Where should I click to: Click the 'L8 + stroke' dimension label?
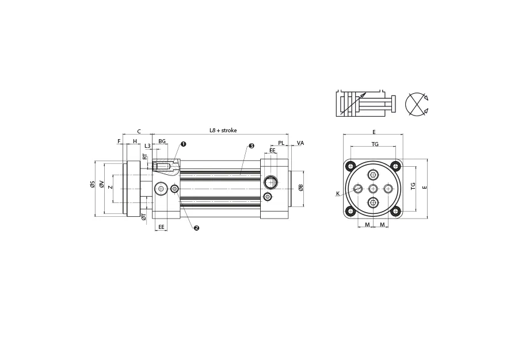pyautogui.click(x=223, y=131)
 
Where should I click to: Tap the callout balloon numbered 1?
pyautogui.click(x=184, y=144)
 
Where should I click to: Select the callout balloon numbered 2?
pyautogui.click(x=197, y=228)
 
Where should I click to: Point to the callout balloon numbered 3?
pyautogui.click(x=252, y=146)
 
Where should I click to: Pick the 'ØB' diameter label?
pyautogui.click(x=300, y=187)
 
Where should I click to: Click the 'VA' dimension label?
pyautogui.click(x=300, y=143)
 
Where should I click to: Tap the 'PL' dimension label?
pyautogui.click(x=281, y=143)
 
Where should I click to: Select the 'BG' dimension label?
pyautogui.click(x=162, y=141)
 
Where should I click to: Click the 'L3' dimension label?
pyautogui.click(x=148, y=146)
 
